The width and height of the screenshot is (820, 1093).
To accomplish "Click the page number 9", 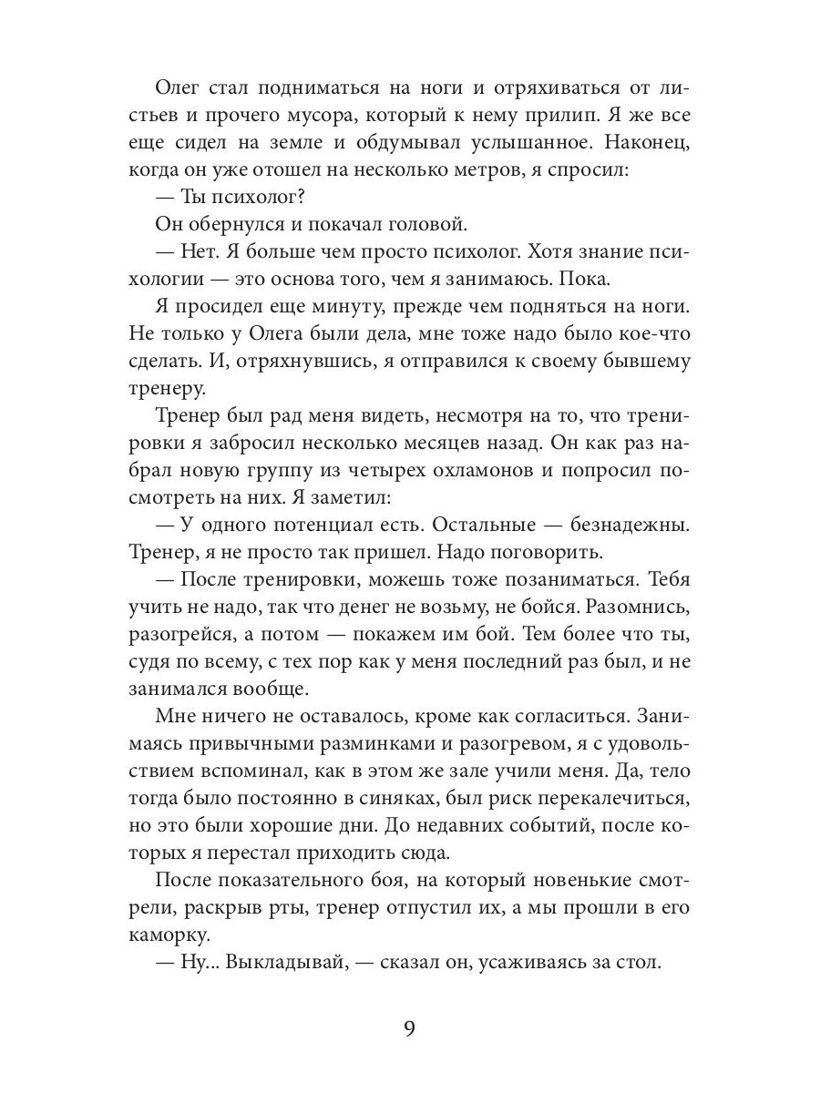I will pyautogui.click(x=409, y=1030).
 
